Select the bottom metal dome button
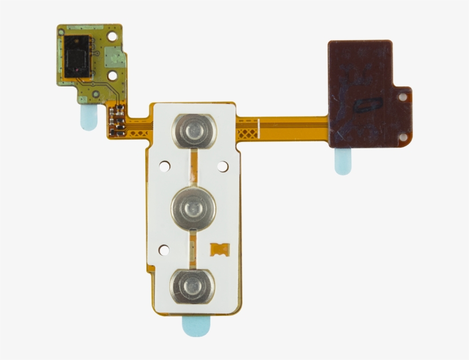pos(192,284)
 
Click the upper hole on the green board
pos(113,35)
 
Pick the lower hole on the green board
pos(113,74)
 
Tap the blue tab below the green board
pos(89,117)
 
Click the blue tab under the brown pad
pos(343,161)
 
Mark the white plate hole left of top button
pos(164,167)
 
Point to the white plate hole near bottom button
pos(164,250)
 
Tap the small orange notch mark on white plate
pos(219,249)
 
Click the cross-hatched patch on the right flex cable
pos(247,134)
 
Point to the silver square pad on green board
pos(114,56)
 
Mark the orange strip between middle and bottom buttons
pos(193,246)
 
